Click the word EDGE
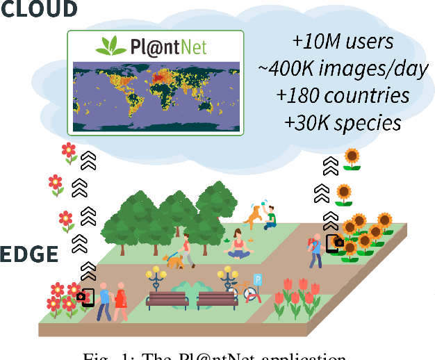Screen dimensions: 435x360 point(29,254)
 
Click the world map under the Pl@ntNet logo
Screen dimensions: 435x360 point(156,96)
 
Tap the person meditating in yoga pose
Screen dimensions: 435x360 point(238,245)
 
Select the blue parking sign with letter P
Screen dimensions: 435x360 point(258,279)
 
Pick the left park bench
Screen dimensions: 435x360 point(167,299)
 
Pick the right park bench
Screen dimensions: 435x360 point(217,299)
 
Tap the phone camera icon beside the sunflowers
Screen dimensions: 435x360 point(334,243)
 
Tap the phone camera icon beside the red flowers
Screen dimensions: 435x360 point(86,297)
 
